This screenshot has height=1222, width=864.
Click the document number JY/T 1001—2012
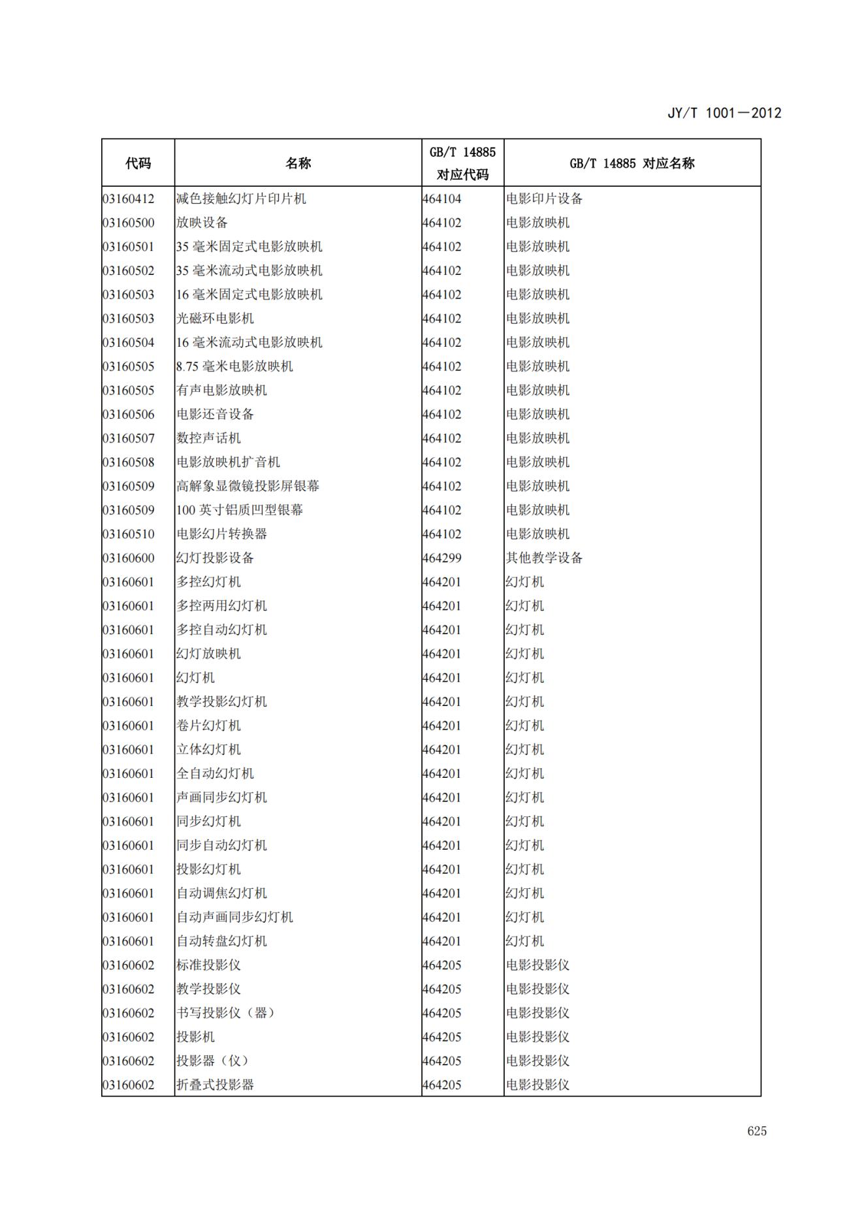point(724,113)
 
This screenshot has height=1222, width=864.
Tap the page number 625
point(757,1131)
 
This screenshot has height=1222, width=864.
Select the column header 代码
point(138,163)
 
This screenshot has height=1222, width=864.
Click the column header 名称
point(298,163)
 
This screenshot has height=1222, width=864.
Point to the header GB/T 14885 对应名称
point(632,163)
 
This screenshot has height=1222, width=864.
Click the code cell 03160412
point(129,199)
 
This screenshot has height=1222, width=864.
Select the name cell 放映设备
point(202,223)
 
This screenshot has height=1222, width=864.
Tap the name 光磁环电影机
point(215,319)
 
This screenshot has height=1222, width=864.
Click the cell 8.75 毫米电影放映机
point(234,366)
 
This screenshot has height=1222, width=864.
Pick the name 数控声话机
point(208,438)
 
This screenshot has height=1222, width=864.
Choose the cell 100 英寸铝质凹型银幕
point(240,510)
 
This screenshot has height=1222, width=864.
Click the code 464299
point(442,558)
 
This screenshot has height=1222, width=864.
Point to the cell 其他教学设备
point(544,558)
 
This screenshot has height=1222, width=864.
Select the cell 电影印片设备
point(544,199)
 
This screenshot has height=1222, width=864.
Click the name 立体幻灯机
point(208,749)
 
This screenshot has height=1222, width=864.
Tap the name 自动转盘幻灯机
point(221,941)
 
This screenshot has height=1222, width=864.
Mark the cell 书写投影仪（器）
point(226,1013)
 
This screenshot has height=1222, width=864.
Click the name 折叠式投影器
point(215,1085)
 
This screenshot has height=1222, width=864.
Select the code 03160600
point(129,558)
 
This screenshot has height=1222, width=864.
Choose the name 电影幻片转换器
point(221,534)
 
